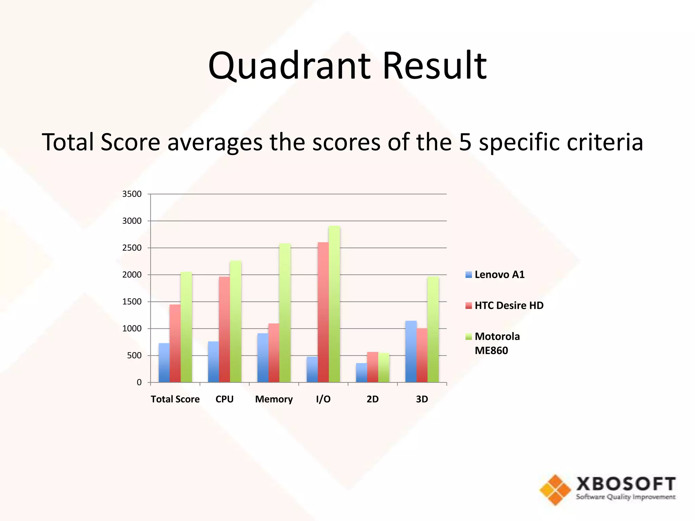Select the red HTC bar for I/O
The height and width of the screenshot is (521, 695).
(323, 312)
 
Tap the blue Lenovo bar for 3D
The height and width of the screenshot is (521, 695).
(411, 351)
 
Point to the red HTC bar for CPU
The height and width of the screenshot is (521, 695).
(224, 329)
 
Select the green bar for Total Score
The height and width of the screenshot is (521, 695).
(186, 327)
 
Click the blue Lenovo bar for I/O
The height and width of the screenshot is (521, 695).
(312, 369)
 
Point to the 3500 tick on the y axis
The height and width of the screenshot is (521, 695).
(132, 194)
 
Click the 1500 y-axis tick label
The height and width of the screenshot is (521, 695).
(132, 302)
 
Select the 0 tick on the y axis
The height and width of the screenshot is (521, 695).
(139, 382)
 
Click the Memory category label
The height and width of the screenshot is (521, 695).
(274, 399)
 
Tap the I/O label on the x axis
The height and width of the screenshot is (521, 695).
(323, 399)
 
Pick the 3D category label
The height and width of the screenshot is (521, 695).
(422, 399)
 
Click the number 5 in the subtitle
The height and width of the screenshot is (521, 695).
(465, 142)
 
